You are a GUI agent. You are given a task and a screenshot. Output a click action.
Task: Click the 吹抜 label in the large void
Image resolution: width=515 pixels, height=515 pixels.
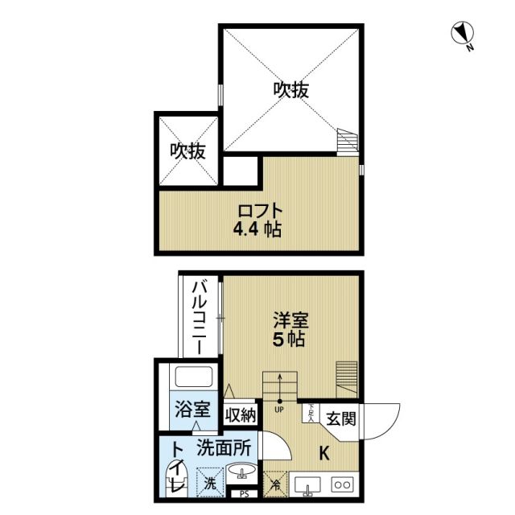point(290,91)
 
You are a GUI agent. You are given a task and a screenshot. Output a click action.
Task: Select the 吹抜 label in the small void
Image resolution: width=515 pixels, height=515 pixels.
point(187,150)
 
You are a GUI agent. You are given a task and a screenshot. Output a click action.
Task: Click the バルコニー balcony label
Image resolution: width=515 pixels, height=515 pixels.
point(200,319)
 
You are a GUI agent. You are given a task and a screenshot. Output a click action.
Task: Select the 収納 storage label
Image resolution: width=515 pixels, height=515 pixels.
point(240,415)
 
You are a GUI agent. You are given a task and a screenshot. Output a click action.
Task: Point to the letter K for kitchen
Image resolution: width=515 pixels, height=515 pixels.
point(326,452)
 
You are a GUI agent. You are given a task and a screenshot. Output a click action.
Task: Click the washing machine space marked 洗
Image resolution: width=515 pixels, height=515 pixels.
point(208,484)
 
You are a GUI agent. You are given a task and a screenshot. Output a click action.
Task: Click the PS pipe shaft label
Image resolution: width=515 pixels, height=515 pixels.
point(241,494)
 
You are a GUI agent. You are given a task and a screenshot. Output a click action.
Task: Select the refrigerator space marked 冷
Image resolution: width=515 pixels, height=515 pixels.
point(275,484)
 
